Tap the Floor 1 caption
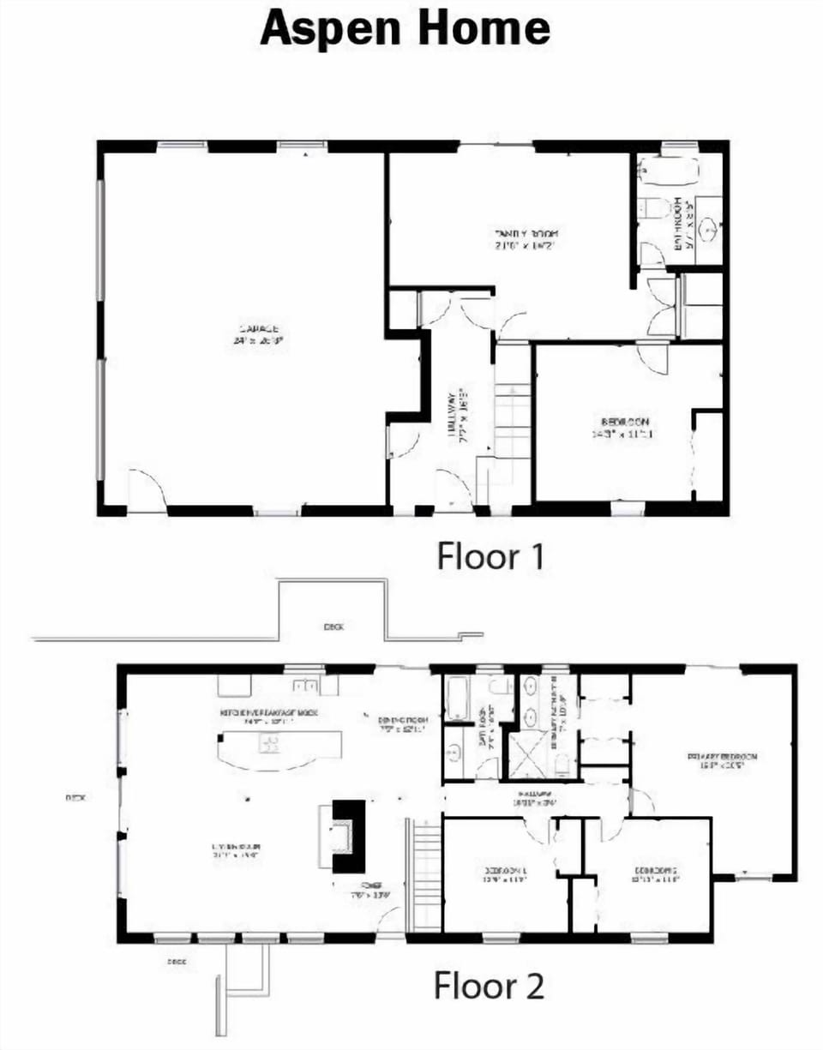pyautogui.click(x=490, y=556)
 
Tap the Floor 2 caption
pyautogui.click(x=489, y=985)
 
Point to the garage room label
pyautogui.click(x=257, y=334)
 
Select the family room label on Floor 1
pyautogui.click(x=526, y=238)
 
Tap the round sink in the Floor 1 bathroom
pyautogui.click(x=708, y=230)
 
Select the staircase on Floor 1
pyautogui.click(x=513, y=424)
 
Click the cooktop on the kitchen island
pyautogui.click(x=270, y=743)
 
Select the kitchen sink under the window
pyautogui.click(x=303, y=686)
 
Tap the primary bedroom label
pyautogui.click(x=722, y=761)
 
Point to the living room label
pyautogui.click(x=235, y=852)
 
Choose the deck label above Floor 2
pyautogui.click(x=334, y=627)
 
